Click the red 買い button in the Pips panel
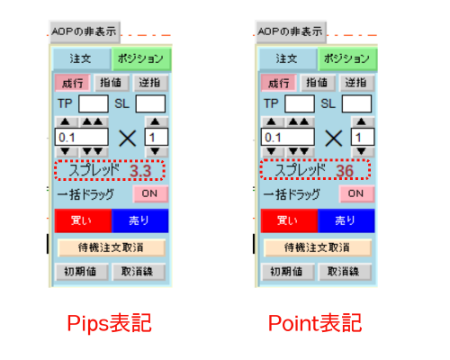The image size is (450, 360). [83, 220]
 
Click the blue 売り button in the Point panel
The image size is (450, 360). [346, 220]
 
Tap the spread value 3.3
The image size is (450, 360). [140, 171]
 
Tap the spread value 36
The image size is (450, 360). [345, 171]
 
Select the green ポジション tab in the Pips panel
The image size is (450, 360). [141, 58]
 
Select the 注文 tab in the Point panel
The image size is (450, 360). [287, 58]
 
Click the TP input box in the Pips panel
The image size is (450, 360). [94, 103]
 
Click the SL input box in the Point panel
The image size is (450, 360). [356, 103]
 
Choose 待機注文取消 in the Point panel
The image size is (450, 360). [318, 247]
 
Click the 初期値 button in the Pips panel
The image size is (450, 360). [81, 272]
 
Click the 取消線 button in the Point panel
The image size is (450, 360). [345, 272]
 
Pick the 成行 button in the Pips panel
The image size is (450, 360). [72, 83]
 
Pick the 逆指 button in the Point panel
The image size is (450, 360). [356, 83]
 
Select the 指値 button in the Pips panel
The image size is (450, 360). [112, 83]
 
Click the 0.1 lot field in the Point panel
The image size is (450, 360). [288, 138]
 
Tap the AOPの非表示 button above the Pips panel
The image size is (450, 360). [85, 31]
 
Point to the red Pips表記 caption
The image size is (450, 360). [109, 323]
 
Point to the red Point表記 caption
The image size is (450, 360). [315, 323]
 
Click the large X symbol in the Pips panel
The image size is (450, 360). [128, 139]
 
